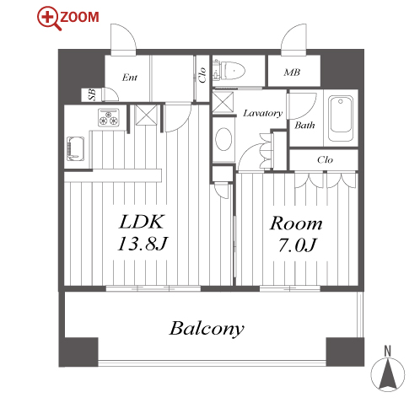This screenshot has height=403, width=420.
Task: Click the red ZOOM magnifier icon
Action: [49, 19]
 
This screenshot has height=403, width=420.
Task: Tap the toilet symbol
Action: [229, 71]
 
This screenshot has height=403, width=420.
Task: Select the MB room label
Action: [292, 73]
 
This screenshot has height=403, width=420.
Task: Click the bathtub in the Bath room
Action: [341, 118]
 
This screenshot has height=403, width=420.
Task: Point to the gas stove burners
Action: [109, 118]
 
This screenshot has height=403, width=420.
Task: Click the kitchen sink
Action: [75, 148]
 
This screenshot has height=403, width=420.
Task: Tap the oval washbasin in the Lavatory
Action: [223, 139]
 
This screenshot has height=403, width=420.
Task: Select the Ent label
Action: [130, 78]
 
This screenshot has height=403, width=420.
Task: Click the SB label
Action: [92, 94]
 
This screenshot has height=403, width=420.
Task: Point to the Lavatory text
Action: [262, 113]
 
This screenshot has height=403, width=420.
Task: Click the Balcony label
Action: [207, 328]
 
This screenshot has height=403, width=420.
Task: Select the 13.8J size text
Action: [143, 244]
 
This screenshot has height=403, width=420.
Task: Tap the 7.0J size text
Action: [297, 244]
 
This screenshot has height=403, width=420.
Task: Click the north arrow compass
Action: [388, 374]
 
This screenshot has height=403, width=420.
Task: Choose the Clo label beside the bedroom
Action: [325, 160]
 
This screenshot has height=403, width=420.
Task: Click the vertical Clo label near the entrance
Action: [202, 75]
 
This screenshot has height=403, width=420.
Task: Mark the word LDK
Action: [142, 222]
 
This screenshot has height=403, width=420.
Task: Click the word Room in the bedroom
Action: [296, 223]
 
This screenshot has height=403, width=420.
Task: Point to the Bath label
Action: [304, 125]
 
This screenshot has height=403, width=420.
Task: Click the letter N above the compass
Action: [388, 352]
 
